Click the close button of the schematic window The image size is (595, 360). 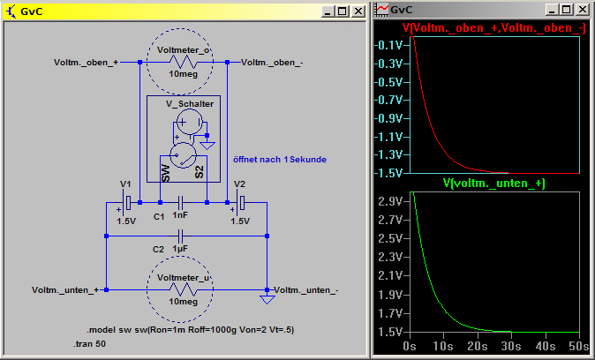(358, 11)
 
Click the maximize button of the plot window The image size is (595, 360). (566, 10)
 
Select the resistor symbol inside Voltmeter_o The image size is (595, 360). (184, 62)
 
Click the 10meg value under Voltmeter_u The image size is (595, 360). (184, 302)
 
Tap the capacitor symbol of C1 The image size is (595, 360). (180, 202)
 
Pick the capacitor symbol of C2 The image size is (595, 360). (180, 236)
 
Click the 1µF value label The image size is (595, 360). (180, 249)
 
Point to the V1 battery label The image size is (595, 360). (125, 184)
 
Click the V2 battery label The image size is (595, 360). (239, 184)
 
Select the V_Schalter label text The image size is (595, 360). (190, 104)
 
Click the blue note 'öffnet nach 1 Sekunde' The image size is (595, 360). (280, 160)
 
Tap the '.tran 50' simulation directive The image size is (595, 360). (89, 344)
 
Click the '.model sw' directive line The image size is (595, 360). (191, 330)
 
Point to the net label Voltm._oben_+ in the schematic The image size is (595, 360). (86, 63)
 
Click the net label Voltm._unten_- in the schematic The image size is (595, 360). (305, 290)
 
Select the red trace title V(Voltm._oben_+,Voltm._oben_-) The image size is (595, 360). (494, 28)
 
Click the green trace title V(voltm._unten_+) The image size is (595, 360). (494, 184)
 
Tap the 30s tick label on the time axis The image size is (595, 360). (511, 346)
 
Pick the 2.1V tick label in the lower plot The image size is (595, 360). (390, 276)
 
